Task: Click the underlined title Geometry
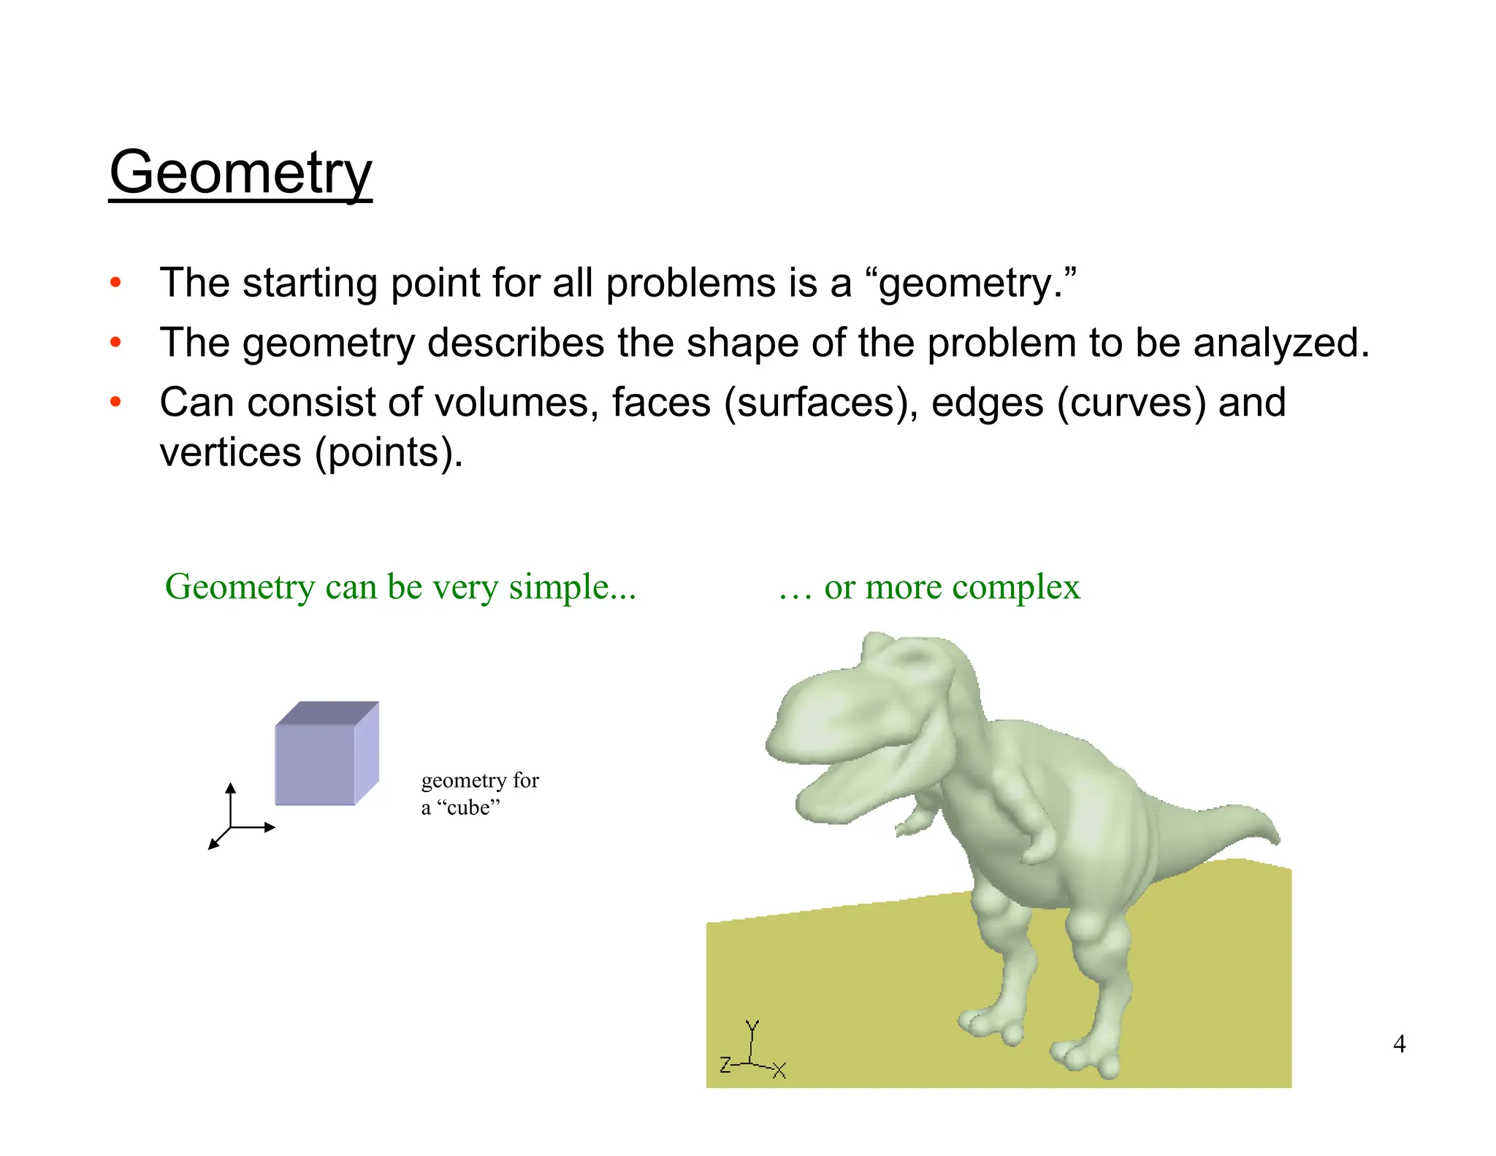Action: coord(240,172)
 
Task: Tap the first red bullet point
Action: coord(115,283)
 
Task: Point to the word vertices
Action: coord(230,452)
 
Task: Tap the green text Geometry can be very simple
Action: coord(400,587)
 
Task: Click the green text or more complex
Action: coord(951,587)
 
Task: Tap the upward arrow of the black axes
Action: coord(231,788)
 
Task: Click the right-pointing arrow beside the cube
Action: coord(270,827)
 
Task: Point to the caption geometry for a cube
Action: coord(479,794)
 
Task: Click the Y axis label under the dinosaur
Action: coord(752,1026)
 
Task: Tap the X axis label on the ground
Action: coord(779,1071)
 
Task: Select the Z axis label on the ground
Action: coord(725,1065)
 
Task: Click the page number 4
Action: coord(1399,1043)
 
